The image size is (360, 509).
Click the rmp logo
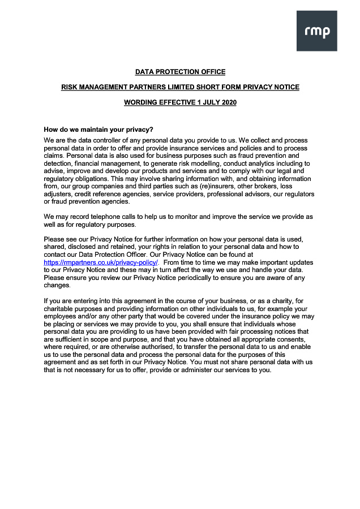[x=316, y=31]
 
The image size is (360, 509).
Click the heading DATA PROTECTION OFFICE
[x=180, y=72]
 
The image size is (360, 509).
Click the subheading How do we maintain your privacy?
[x=98, y=130]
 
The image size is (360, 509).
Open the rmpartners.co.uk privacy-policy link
[x=101, y=262]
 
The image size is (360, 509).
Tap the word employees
[x=62, y=316]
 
